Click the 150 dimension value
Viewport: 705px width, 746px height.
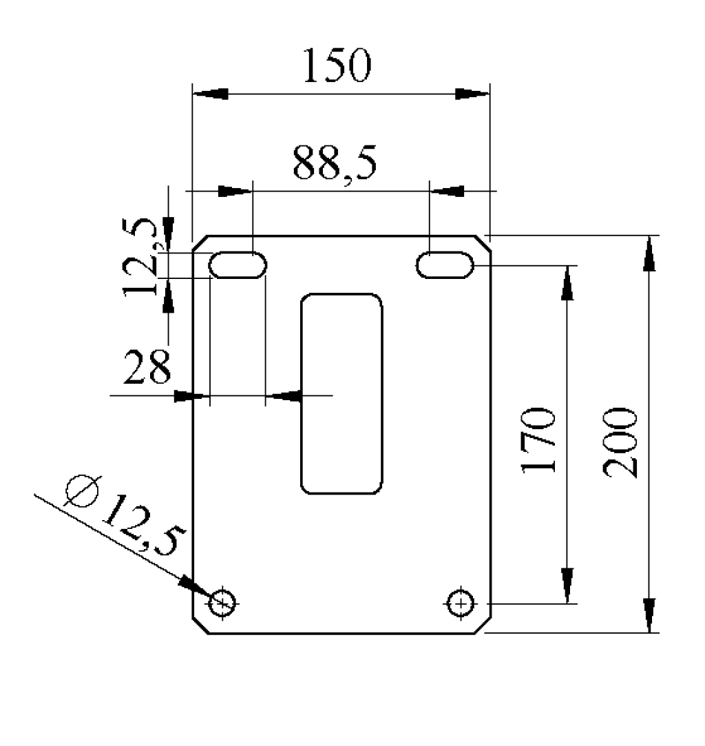point(337,65)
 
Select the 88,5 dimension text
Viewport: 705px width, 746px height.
point(334,164)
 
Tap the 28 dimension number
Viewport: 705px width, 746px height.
point(147,366)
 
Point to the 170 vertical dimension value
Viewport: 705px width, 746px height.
point(538,440)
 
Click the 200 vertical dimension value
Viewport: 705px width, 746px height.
point(619,442)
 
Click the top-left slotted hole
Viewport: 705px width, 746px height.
point(238,265)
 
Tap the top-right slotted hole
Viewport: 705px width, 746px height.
point(445,265)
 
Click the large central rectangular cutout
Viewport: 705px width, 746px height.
point(341,394)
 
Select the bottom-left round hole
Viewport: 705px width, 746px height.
point(222,603)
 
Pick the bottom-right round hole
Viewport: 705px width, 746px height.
point(460,603)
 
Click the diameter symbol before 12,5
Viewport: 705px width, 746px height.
point(82,490)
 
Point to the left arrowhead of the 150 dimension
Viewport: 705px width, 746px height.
point(210,94)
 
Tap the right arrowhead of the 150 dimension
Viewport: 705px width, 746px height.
point(472,94)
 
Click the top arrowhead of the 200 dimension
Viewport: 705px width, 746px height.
point(649,253)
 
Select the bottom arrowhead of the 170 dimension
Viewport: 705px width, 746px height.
point(567,586)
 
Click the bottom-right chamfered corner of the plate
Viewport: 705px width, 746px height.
point(483,625)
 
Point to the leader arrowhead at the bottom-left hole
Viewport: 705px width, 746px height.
point(195,587)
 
